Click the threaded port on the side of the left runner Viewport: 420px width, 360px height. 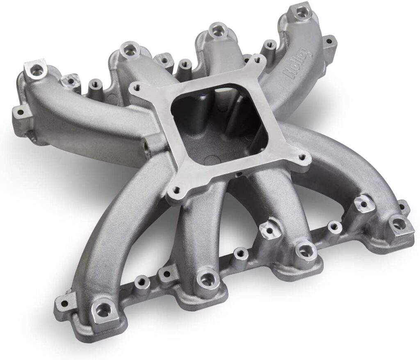[146, 146]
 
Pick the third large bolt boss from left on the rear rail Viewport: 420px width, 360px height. [215, 30]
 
